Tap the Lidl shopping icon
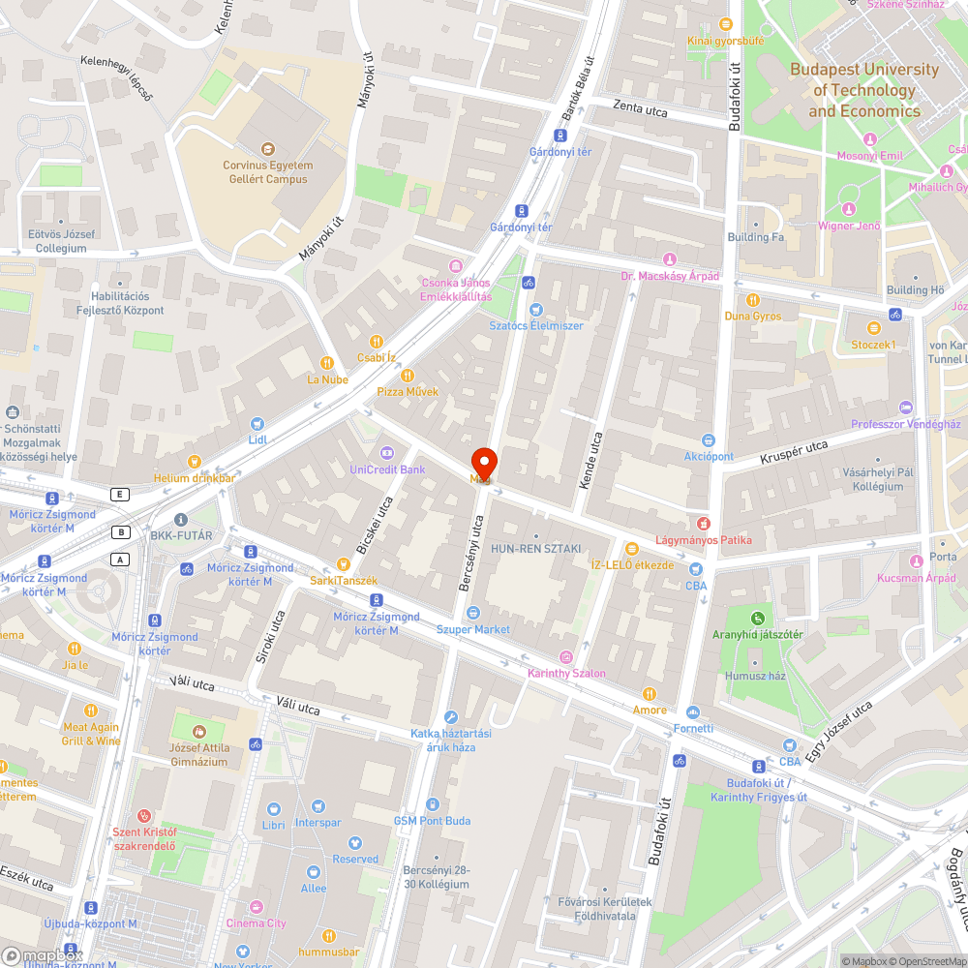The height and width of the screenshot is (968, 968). coord(257,423)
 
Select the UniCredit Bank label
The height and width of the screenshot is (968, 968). coord(386,469)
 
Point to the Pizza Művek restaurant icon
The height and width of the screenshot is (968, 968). coord(408,376)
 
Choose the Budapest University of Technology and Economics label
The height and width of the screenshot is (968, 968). coord(863,90)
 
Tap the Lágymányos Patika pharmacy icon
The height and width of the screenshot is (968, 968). coord(704,524)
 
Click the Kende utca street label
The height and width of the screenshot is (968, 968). coord(595,460)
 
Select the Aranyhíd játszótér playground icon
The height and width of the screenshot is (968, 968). coord(758,618)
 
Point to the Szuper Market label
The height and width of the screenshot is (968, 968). coord(472,629)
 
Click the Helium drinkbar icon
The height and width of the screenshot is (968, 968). coord(194,462)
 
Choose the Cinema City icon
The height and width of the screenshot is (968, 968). coord(256,908)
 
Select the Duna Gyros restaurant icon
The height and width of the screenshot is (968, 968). coord(753,300)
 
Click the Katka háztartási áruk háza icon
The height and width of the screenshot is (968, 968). coord(450,717)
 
